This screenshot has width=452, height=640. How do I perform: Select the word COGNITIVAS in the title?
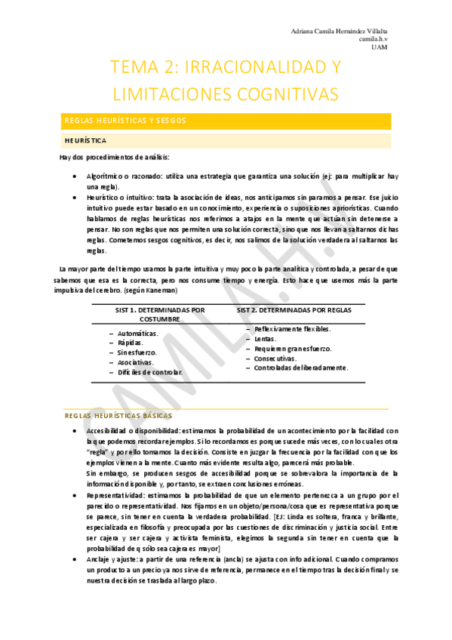pyautogui.click(x=273, y=93)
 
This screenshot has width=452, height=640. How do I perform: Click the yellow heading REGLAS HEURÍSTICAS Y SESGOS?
pyautogui.click(x=125, y=121)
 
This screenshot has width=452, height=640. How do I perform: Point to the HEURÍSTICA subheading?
pyautogui.click(x=85, y=140)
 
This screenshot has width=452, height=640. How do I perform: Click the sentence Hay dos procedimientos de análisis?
pyautogui.click(x=114, y=157)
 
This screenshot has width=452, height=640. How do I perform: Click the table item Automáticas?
pyautogui.click(x=137, y=333)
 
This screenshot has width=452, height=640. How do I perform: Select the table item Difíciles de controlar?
pyautogui.click(x=149, y=372)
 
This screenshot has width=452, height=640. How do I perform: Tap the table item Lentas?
pyautogui.click(x=265, y=340)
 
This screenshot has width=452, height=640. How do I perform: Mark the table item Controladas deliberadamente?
pyautogui.click(x=300, y=368)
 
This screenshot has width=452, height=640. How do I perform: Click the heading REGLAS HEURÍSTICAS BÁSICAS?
pyautogui.click(x=118, y=416)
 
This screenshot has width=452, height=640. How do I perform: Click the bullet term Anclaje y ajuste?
pyautogui.click(x=115, y=560)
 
